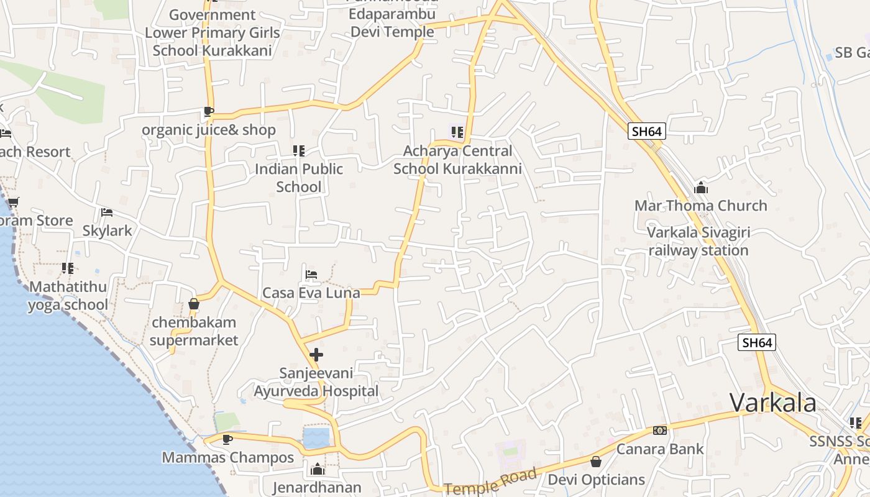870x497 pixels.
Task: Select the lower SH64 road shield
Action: (757, 342)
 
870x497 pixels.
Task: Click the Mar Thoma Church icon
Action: (701, 188)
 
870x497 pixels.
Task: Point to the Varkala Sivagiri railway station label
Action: (698, 242)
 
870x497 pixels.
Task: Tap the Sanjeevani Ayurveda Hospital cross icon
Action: (316, 355)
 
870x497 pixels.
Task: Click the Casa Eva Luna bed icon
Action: (311, 274)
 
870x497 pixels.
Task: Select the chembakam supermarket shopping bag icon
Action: (194, 304)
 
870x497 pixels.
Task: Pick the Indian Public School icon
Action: (299, 150)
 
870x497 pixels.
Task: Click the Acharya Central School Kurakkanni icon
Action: (457, 132)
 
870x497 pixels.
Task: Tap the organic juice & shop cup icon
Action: (209, 112)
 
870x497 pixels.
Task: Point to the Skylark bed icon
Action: (107, 212)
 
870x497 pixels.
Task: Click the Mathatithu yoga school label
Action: (68, 296)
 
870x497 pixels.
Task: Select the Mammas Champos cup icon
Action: (227, 439)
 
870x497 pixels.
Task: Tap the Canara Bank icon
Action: (659, 431)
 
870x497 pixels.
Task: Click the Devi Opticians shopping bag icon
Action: (596, 462)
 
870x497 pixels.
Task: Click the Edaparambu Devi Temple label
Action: (392, 22)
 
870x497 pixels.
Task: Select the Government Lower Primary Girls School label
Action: (213, 32)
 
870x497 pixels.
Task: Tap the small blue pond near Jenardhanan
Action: (316, 437)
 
